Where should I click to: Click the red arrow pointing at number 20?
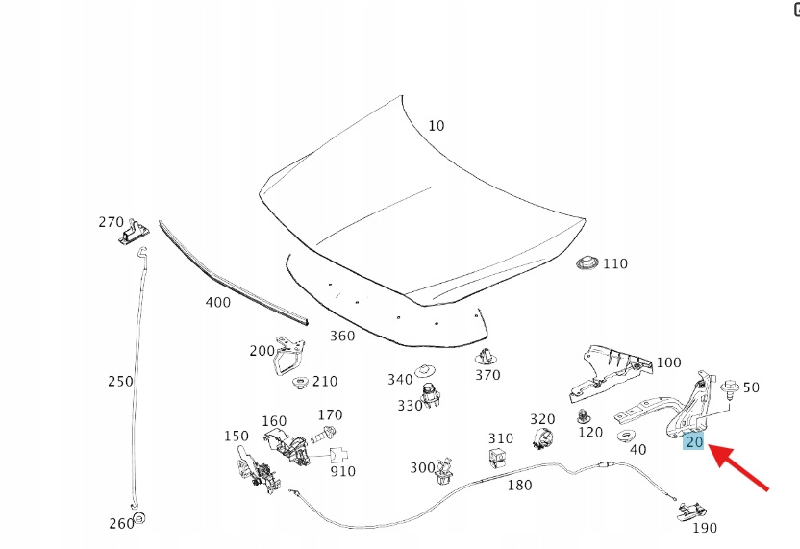[741, 469]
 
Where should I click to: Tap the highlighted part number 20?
[694, 441]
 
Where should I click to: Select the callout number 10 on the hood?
[437, 126]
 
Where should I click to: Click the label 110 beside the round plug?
[614, 263]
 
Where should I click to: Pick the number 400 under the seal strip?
[218, 302]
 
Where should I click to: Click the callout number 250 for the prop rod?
[120, 381]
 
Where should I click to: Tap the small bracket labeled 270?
[135, 231]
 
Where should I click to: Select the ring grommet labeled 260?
[137, 520]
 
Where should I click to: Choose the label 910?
[342, 471]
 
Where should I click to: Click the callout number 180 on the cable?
[518, 485]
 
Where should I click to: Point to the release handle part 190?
[689, 512]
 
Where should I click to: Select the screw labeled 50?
[730, 388]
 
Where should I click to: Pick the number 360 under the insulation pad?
[342, 336]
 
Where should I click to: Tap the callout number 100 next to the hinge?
[668, 363]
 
